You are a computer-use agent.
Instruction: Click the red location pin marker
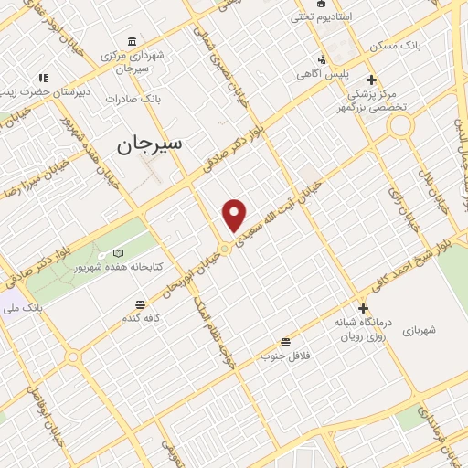click(x=235, y=216)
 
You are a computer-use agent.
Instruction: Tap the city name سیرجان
click(x=151, y=144)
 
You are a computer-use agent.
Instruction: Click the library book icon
click(x=117, y=252)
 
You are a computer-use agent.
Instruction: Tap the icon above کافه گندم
click(x=140, y=303)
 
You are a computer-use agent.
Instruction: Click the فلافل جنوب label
click(x=287, y=355)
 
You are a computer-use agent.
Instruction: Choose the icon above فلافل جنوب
click(x=286, y=341)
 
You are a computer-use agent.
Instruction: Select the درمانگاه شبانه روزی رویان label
click(x=366, y=330)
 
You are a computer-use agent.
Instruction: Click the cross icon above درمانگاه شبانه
click(x=363, y=309)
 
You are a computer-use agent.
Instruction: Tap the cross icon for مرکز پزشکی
click(x=371, y=80)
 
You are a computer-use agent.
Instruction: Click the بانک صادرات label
click(x=133, y=98)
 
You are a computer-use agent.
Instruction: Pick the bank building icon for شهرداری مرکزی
click(x=133, y=42)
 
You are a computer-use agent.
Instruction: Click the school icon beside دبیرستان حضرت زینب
click(x=43, y=78)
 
